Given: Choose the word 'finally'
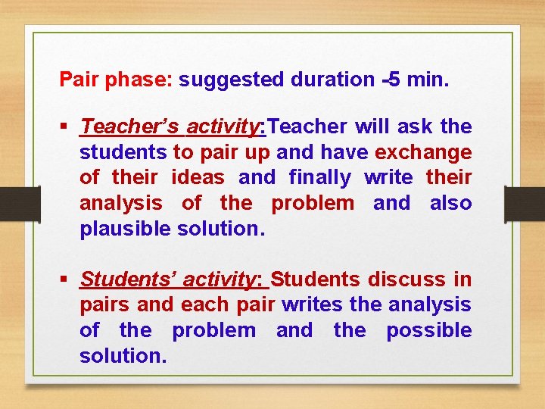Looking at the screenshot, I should point(320,177).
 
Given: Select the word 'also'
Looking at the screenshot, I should point(451,203).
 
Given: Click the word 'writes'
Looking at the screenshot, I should point(313,305).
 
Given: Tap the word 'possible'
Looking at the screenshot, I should point(429,331).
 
